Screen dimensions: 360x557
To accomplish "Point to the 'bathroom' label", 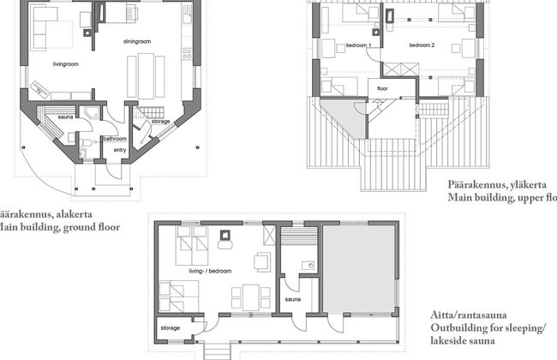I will click(x=114, y=139).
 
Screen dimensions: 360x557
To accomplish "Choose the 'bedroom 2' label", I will click(x=422, y=44).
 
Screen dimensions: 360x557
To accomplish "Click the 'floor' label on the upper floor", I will click(x=383, y=87).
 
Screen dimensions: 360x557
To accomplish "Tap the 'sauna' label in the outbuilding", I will click(x=293, y=301).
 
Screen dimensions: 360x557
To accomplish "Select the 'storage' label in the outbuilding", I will click(x=171, y=327).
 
